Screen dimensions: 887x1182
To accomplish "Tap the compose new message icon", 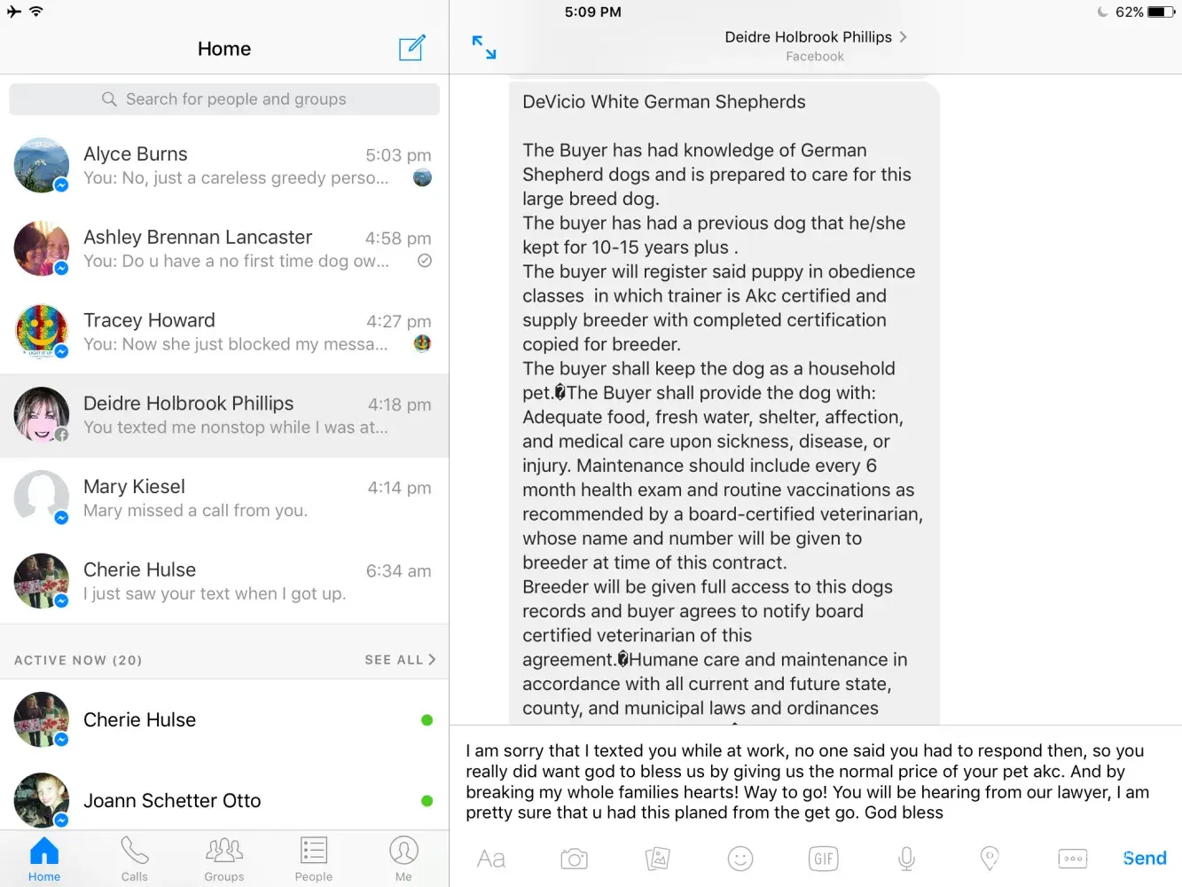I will [412, 48].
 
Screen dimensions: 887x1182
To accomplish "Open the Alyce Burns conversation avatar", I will [42, 165].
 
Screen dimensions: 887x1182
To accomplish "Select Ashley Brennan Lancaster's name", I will [198, 237].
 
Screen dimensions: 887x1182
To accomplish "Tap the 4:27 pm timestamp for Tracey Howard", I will [398, 321].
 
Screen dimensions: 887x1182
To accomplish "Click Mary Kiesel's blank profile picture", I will [42, 497].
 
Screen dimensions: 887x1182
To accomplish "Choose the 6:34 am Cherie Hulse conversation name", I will [139, 569].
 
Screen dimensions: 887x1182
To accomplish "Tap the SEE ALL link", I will [400, 660].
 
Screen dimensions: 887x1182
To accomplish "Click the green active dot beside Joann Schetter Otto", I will [427, 801].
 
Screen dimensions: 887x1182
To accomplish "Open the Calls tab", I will [135, 859].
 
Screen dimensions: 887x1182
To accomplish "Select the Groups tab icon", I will [224, 851].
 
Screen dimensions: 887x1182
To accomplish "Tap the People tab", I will [314, 859].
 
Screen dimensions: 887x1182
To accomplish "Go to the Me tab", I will [403, 859].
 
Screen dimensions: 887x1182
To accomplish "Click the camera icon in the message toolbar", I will [574, 859].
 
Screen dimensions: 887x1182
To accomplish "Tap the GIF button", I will [823, 859].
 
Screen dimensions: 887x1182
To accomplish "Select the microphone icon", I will [906, 859].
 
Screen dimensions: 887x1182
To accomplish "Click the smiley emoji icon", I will [740, 859].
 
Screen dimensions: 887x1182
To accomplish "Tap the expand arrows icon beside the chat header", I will [484, 48].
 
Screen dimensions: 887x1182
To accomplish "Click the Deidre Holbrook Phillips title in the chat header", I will [808, 37].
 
